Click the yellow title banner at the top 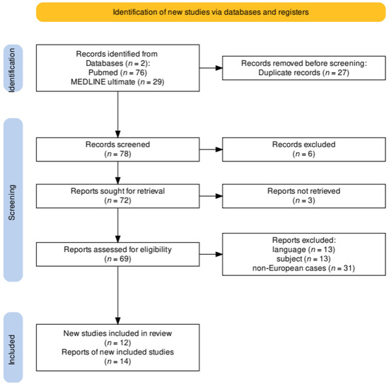pyautogui.click(x=211, y=12)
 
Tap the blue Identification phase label pyautogui.click(x=13, y=68)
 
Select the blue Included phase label pyautogui.click(x=13, y=347)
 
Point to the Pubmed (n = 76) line pyautogui.click(x=117, y=72)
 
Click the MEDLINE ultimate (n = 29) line pyautogui.click(x=117, y=82)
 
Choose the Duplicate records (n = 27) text pyautogui.click(x=303, y=73)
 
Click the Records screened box pyautogui.click(x=117, y=149)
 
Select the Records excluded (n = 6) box pyautogui.click(x=304, y=149)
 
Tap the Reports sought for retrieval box pyautogui.click(x=117, y=196)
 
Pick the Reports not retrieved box pyautogui.click(x=304, y=196)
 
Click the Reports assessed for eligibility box pyautogui.click(x=117, y=254)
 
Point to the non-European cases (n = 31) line pyautogui.click(x=303, y=268)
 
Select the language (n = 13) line pyautogui.click(x=303, y=249)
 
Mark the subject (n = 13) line pyautogui.click(x=303, y=259)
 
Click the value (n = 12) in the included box pyautogui.click(x=117, y=343)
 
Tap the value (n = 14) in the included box pyautogui.click(x=117, y=362)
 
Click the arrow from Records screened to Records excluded pyautogui.click(x=211, y=149)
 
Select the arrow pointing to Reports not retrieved pyautogui.click(x=211, y=196)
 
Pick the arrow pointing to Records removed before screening pyautogui.click(x=211, y=68)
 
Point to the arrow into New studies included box pyautogui.click(x=118, y=295)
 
